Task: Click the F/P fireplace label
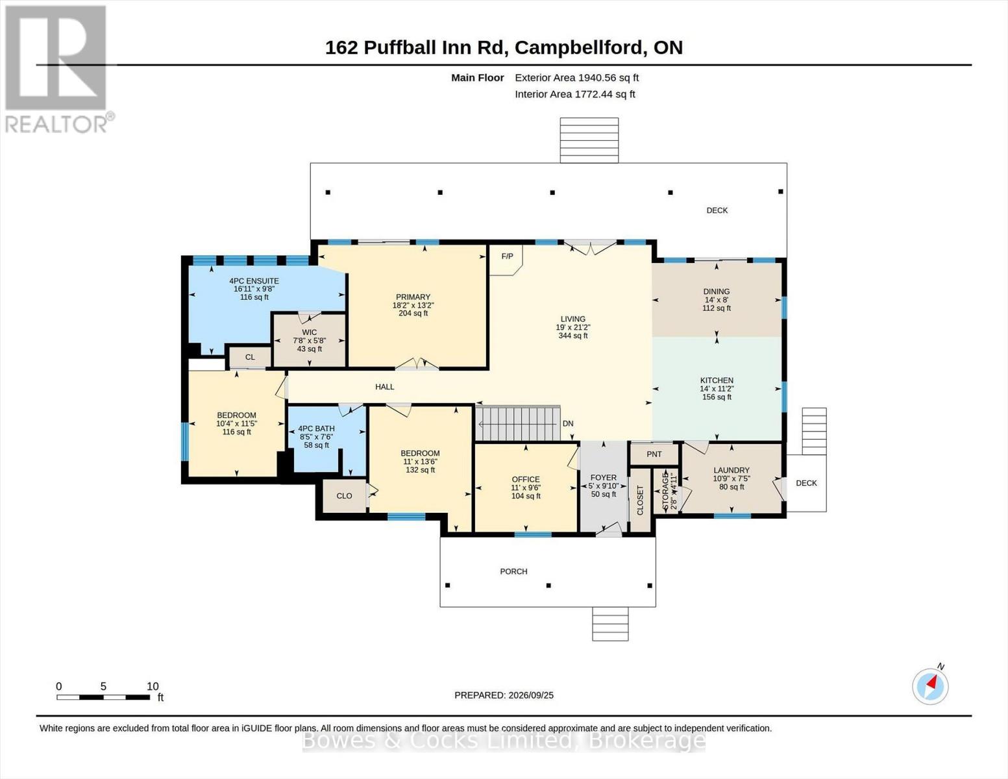(507, 256)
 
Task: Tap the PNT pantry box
(654, 454)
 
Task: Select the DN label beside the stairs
(568, 423)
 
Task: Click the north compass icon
(930, 687)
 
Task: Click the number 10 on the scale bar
(153, 686)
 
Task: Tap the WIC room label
(310, 332)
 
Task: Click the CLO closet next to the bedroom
(344, 495)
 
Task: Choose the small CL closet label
(250, 357)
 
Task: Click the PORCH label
(513, 571)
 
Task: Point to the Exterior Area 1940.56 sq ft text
(576, 78)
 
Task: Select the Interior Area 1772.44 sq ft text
(574, 94)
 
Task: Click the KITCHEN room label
(717, 380)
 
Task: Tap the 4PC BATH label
(316, 428)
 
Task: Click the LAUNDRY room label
(731, 470)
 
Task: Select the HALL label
(384, 386)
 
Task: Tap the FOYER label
(604, 477)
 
